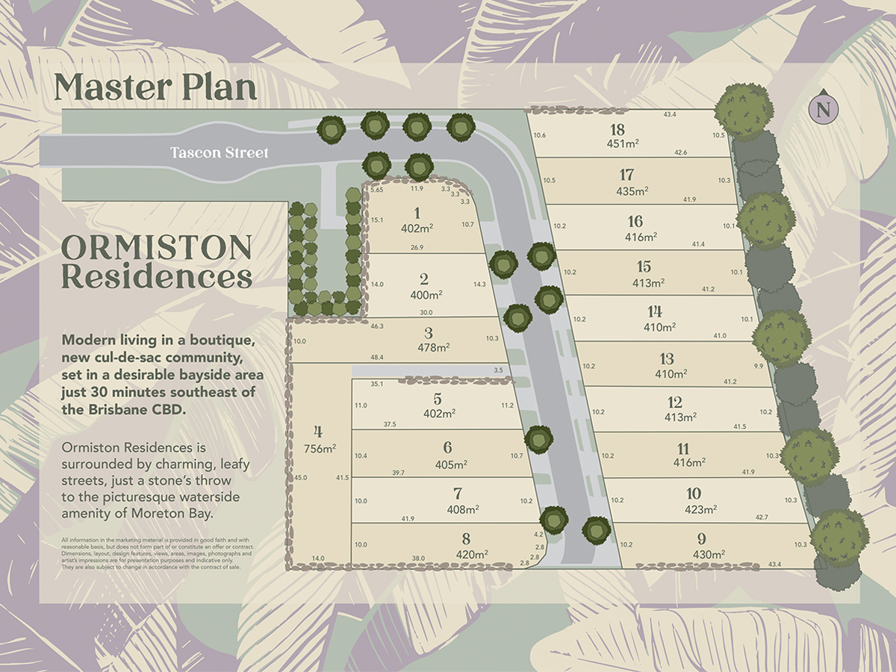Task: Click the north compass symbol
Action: [x=824, y=109]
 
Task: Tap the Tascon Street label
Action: [x=219, y=153]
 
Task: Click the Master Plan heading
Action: [x=155, y=87]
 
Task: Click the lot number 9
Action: [x=701, y=539]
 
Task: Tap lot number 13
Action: [x=666, y=359]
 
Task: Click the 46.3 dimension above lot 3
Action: [x=376, y=326]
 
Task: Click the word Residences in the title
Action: [x=156, y=277]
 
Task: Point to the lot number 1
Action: [x=417, y=214]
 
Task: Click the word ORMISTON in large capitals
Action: [x=156, y=246]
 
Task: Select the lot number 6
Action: [x=447, y=448]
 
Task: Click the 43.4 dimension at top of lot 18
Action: [x=669, y=114]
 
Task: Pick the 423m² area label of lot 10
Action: [x=701, y=509]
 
